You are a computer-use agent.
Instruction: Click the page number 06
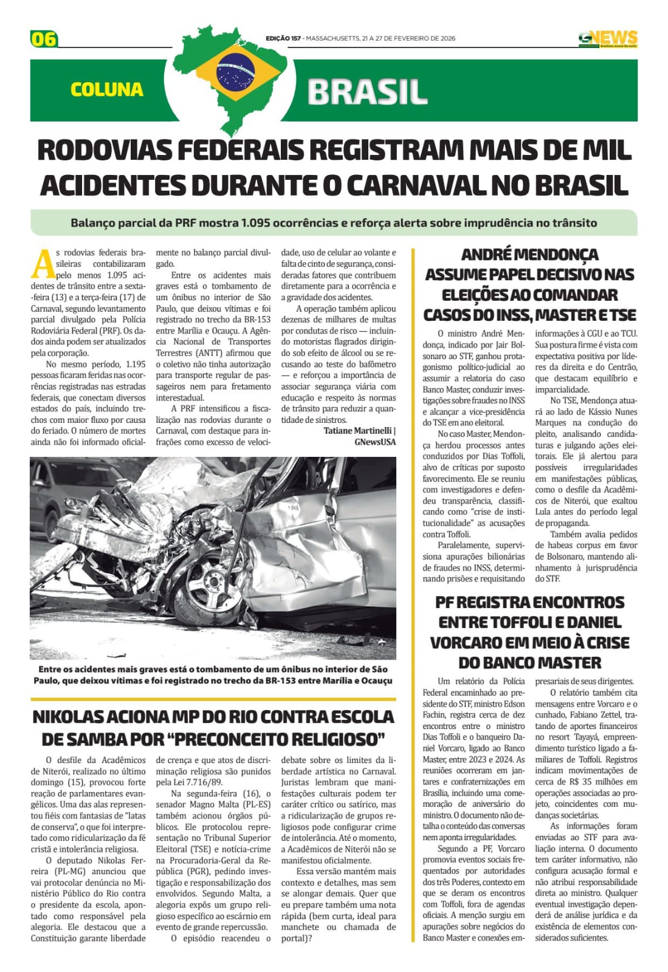(x=43, y=39)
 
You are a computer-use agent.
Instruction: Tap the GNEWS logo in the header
(x=607, y=38)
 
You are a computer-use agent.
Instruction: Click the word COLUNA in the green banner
(x=106, y=90)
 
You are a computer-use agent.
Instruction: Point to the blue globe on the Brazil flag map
(x=235, y=69)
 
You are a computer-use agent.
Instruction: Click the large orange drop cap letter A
(x=42, y=262)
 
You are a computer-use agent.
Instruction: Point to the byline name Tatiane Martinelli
(x=357, y=431)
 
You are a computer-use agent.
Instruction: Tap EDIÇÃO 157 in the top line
(x=283, y=38)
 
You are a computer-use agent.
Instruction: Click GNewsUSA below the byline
(x=374, y=442)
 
